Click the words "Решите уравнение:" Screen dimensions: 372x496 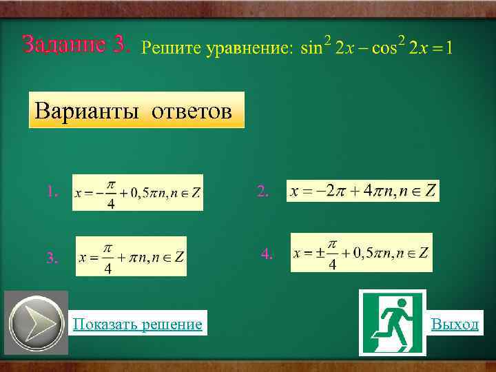point(217,48)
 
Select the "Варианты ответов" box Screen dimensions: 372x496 point(136,110)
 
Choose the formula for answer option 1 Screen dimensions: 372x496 point(138,193)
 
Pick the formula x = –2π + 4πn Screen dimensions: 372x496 point(362,191)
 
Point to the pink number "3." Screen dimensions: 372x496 point(52,258)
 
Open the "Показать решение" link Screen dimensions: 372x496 point(138,324)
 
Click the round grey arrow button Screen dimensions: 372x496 point(36,324)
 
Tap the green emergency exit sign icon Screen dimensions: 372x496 point(392,322)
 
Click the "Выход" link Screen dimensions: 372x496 point(455,324)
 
